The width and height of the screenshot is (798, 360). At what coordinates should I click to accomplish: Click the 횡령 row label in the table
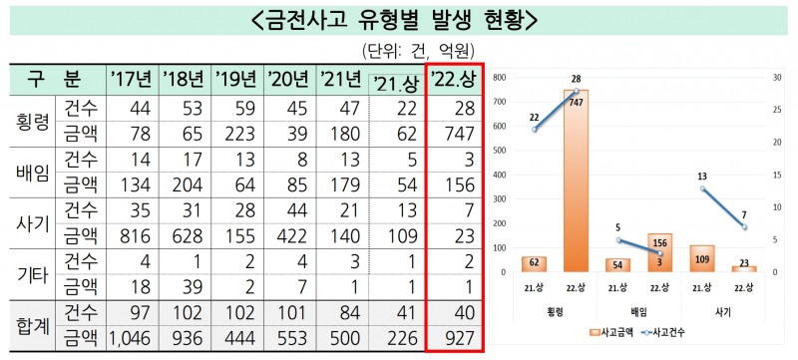(x=31, y=122)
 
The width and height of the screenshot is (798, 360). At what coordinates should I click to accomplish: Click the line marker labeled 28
(x=576, y=90)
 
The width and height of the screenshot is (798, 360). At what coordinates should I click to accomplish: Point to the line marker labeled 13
(x=703, y=188)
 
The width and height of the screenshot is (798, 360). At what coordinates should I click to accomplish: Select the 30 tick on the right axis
(x=774, y=77)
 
